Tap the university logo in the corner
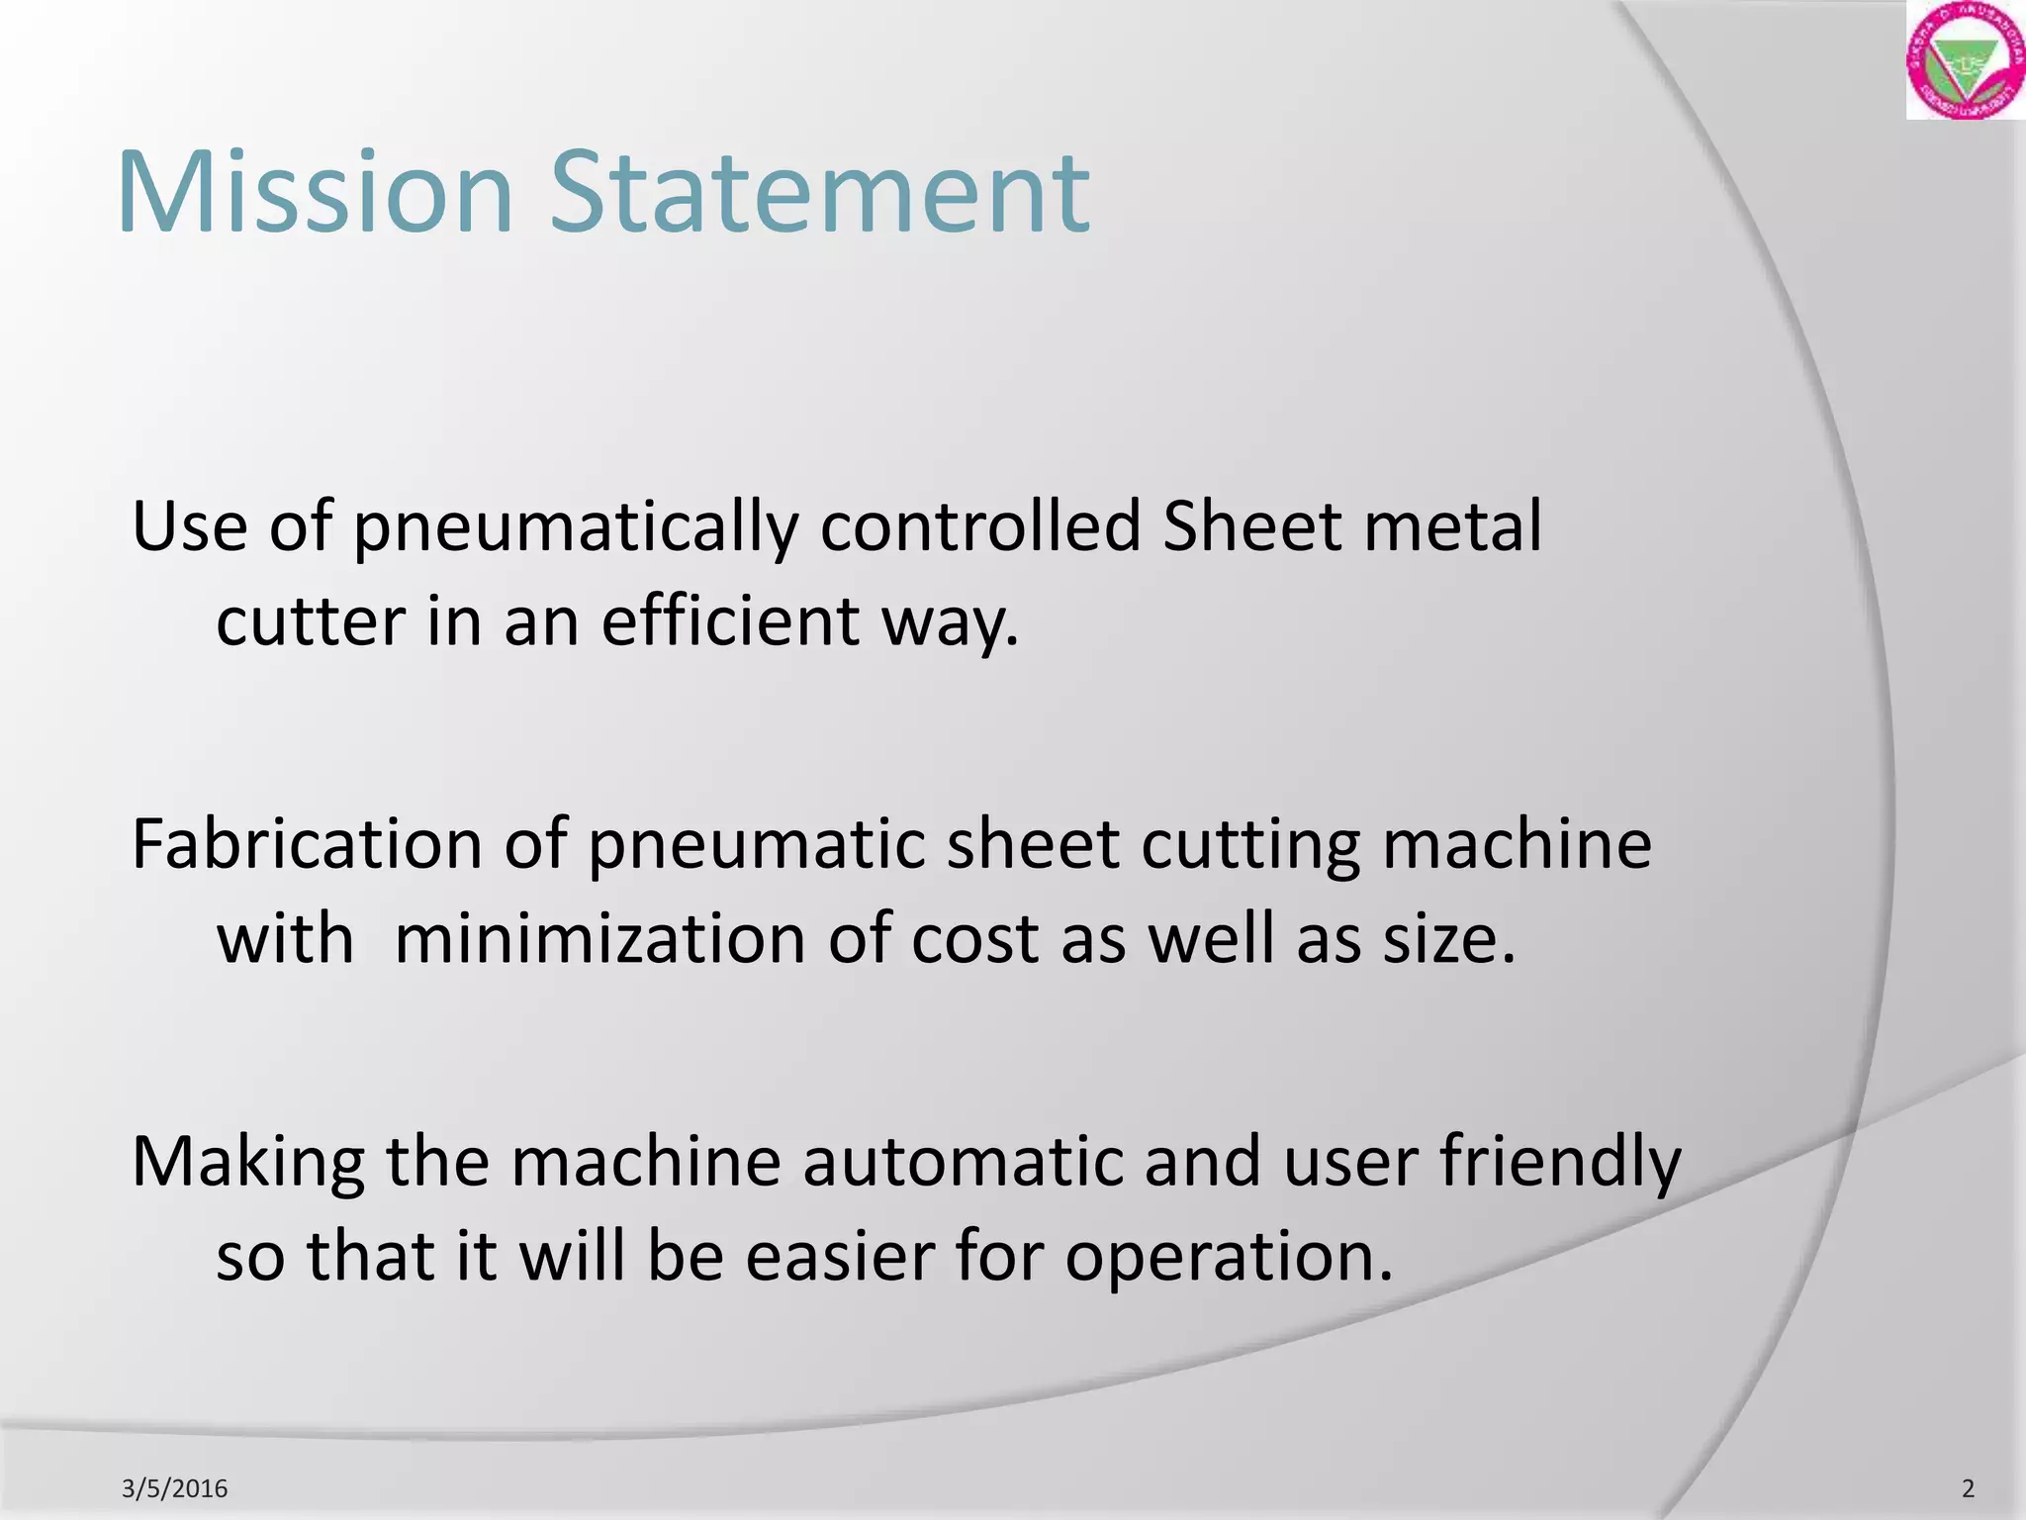pyautogui.click(x=1965, y=61)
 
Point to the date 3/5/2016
pyautogui.click(x=174, y=1488)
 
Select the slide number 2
pyautogui.click(x=1968, y=1488)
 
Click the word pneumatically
pyautogui.click(x=575, y=528)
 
